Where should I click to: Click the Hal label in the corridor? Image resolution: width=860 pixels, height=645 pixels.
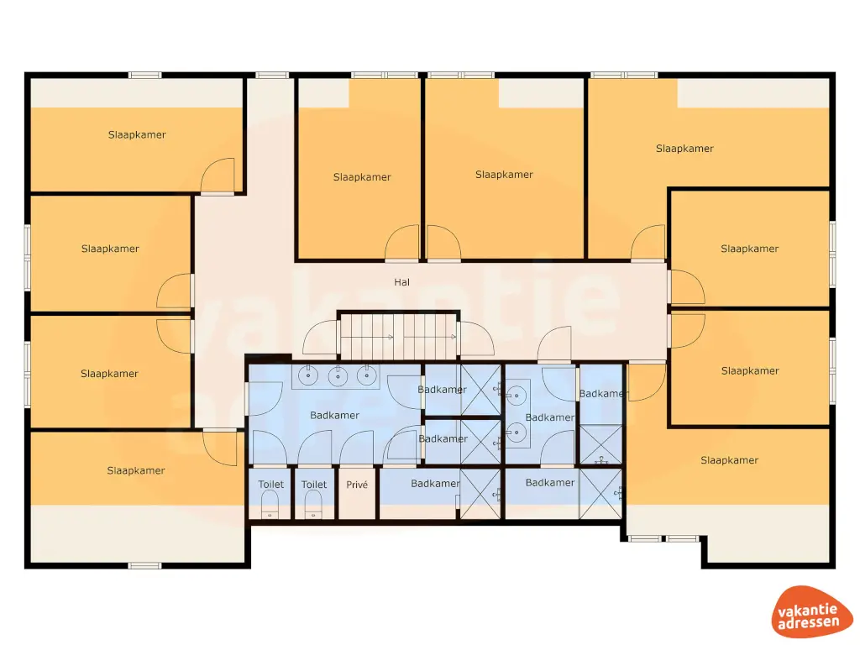click(x=401, y=282)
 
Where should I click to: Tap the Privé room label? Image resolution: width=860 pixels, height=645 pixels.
click(x=357, y=485)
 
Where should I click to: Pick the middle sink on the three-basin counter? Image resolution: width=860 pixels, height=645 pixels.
click(x=338, y=375)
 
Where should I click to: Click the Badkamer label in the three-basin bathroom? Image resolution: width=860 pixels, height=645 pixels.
click(x=334, y=416)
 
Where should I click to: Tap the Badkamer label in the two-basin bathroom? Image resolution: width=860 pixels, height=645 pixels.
click(x=550, y=417)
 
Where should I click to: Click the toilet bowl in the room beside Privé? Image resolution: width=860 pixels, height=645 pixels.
click(x=312, y=504)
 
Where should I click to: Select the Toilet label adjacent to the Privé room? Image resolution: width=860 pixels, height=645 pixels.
click(x=314, y=485)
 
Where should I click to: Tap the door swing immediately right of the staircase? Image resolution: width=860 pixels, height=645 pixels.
click(x=475, y=340)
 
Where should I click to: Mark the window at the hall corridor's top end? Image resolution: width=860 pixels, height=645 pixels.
click(x=271, y=76)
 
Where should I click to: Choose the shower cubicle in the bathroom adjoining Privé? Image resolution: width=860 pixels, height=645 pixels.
click(x=480, y=496)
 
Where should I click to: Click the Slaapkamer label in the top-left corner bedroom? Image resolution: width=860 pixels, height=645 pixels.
click(x=137, y=134)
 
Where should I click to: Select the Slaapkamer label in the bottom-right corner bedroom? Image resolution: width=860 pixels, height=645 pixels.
click(x=729, y=460)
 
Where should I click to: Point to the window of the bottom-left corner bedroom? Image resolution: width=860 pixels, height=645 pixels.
click(x=144, y=565)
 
